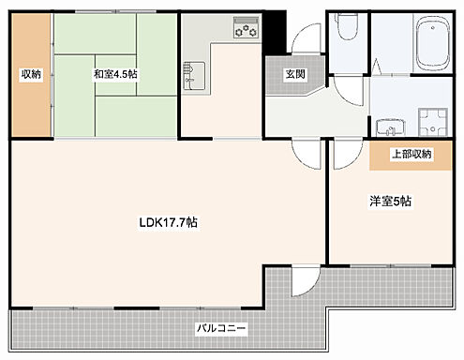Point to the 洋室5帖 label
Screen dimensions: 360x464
[386, 202]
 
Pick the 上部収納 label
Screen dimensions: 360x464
[410, 155]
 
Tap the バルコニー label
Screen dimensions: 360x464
[221, 329]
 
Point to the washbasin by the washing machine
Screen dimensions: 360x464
[386, 126]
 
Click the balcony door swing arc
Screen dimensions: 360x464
[304, 278]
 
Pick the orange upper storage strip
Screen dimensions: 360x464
[411, 156]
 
